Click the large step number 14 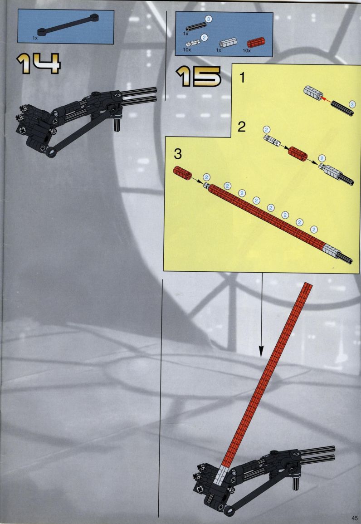click(39, 63)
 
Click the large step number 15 click(198, 76)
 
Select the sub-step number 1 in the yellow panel click(243, 78)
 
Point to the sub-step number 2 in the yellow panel click(241, 127)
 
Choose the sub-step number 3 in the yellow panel click(178, 154)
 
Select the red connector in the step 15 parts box click(256, 43)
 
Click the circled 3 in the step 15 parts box click(208, 20)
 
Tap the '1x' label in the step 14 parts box click(35, 38)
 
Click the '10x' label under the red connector click(246, 51)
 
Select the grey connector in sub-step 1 click(313, 93)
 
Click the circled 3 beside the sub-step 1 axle click(352, 104)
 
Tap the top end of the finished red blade click(308, 284)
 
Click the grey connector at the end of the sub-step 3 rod click(330, 252)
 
